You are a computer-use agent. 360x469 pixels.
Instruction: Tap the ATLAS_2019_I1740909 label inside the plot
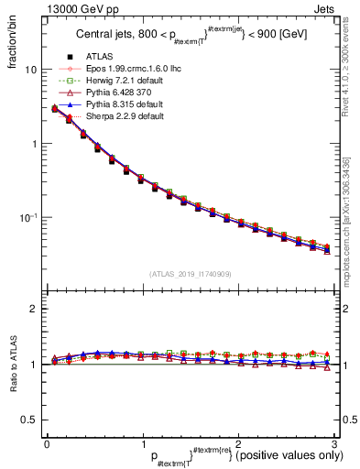click(189, 274)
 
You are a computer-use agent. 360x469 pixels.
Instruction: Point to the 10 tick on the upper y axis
click(31, 71)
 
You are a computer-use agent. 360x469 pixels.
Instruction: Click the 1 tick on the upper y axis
click(34, 144)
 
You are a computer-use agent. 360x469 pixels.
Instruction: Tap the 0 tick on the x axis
click(47, 444)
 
